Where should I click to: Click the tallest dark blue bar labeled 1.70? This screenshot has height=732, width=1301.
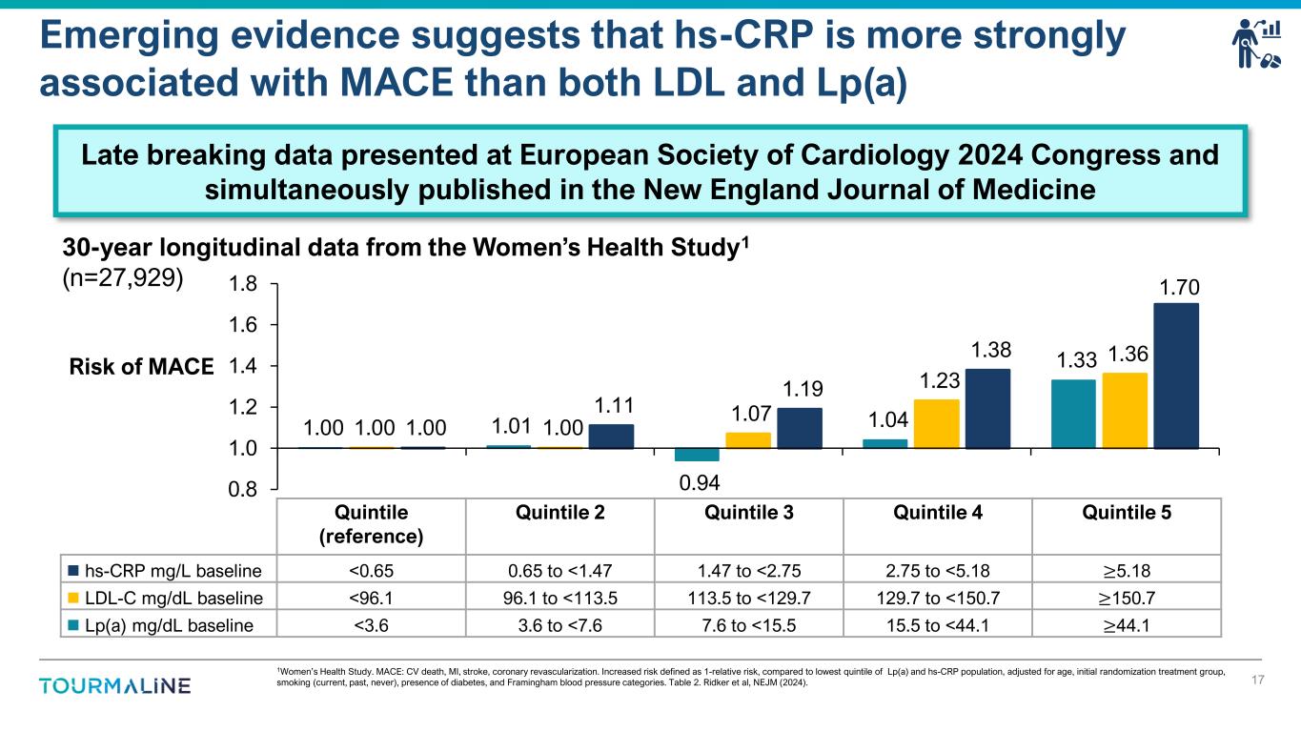point(1176,375)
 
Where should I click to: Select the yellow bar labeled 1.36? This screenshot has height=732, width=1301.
point(1125,410)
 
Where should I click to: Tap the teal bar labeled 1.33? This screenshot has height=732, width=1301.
point(1073,414)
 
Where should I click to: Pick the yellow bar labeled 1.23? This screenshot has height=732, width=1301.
point(936,423)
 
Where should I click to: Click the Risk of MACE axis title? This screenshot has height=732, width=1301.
point(140,366)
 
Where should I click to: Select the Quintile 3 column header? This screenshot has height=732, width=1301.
point(748,513)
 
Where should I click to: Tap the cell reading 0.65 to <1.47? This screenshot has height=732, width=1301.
point(559,571)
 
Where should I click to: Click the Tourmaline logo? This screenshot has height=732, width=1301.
point(114,686)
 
